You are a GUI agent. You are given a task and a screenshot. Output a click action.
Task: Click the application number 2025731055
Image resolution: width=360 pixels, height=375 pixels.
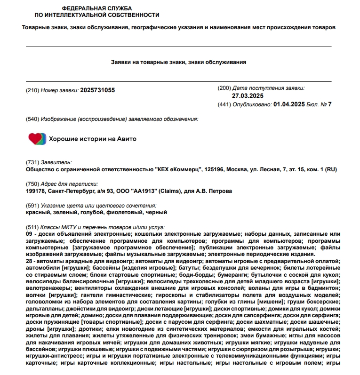97,90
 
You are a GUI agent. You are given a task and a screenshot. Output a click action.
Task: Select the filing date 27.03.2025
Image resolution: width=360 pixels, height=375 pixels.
248,96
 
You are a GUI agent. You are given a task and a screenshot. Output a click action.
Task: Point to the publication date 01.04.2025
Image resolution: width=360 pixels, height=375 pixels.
289,104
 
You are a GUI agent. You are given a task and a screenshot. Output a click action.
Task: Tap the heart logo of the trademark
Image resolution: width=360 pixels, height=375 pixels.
37,139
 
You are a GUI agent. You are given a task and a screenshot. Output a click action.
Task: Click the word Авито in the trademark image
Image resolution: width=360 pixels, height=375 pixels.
127,139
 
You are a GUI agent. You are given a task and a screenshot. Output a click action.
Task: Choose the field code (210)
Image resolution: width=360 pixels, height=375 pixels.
32,90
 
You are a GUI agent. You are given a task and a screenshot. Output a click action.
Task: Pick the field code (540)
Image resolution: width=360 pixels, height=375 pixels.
32,119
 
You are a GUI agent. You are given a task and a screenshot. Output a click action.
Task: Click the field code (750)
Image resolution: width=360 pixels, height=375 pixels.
32,184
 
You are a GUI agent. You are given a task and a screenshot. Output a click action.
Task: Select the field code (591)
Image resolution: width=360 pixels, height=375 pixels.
32,206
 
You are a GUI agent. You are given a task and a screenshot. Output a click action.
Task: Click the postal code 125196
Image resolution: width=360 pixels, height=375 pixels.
216,169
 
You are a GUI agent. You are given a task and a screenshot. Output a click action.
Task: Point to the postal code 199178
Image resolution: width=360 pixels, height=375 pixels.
36,191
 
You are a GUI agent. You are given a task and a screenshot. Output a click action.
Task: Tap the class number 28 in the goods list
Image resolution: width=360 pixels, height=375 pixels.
29,261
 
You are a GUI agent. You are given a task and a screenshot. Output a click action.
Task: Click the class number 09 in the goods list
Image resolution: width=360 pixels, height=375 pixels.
29,234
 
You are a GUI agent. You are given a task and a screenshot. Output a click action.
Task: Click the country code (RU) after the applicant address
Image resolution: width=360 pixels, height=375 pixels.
331,169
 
